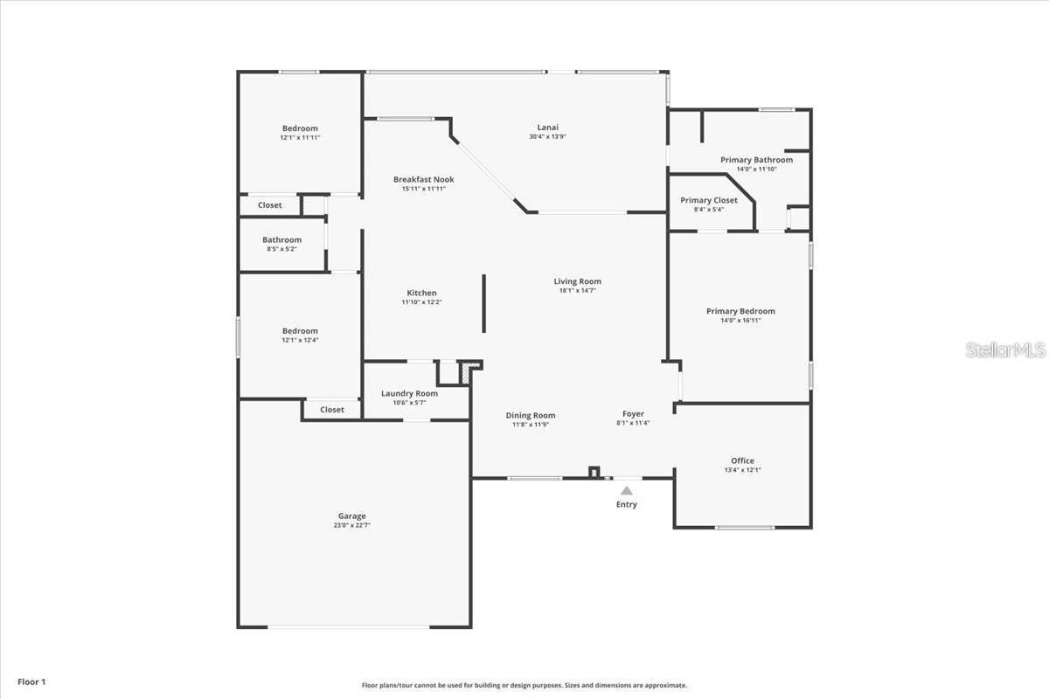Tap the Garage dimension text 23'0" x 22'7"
click(x=352, y=525)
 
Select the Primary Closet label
click(x=709, y=200)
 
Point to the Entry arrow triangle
click(x=627, y=491)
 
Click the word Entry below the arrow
click(x=627, y=504)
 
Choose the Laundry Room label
click(x=409, y=393)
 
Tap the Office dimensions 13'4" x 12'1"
click(x=742, y=470)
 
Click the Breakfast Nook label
click(x=423, y=179)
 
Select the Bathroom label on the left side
click(x=281, y=239)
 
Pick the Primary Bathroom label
click(x=756, y=160)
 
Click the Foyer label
click(x=633, y=414)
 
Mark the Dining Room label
click(x=531, y=415)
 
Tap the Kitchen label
click(x=421, y=293)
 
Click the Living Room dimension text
click(x=577, y=291)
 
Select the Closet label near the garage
click(x=331, y=410)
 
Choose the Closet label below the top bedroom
click(x=269, y=205)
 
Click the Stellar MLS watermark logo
click(x=1005, y=349)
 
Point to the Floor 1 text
click(x=31, y=682)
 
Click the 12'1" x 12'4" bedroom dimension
click(x=300, y=341)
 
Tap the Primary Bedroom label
click(x=740, y=311)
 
